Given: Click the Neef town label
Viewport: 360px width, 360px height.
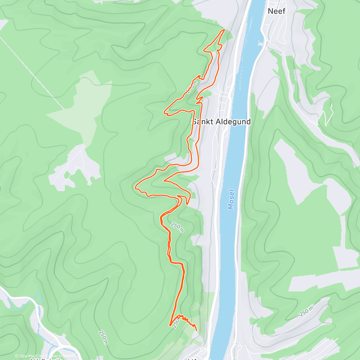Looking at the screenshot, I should click(x=276, y=11).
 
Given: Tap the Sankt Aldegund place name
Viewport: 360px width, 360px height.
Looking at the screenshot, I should click(x=221, y=122).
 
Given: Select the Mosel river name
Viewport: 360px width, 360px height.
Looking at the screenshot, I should click(x=231, y=199).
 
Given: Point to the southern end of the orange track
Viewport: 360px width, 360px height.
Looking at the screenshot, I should click(x=196, y=330).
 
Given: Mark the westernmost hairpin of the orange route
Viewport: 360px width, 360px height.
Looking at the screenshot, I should click(x=136, y=188).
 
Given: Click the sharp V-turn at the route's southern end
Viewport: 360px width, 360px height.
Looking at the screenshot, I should click(x=170, y=325).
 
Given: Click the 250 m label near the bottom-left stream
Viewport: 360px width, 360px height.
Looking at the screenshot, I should click(x=103, y=337).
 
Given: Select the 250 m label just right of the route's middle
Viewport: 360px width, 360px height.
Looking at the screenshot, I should click(x=177, y=227).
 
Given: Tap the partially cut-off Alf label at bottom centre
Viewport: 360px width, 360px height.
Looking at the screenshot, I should click(x=192, y=359).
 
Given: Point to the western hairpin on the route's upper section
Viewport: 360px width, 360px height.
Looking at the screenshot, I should click(x=164, y=112).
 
